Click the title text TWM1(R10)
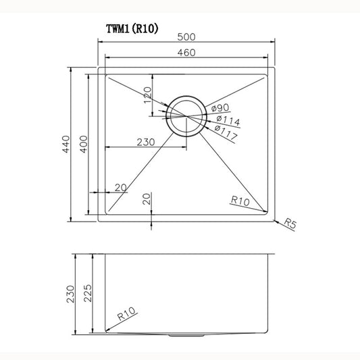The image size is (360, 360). (132, 28)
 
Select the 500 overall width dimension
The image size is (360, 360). (187, 37)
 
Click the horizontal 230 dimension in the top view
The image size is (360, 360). (147, 142)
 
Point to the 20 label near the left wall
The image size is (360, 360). (121, 187)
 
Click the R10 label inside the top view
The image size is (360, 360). (240, 200)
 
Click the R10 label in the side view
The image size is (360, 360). (127, 313)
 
